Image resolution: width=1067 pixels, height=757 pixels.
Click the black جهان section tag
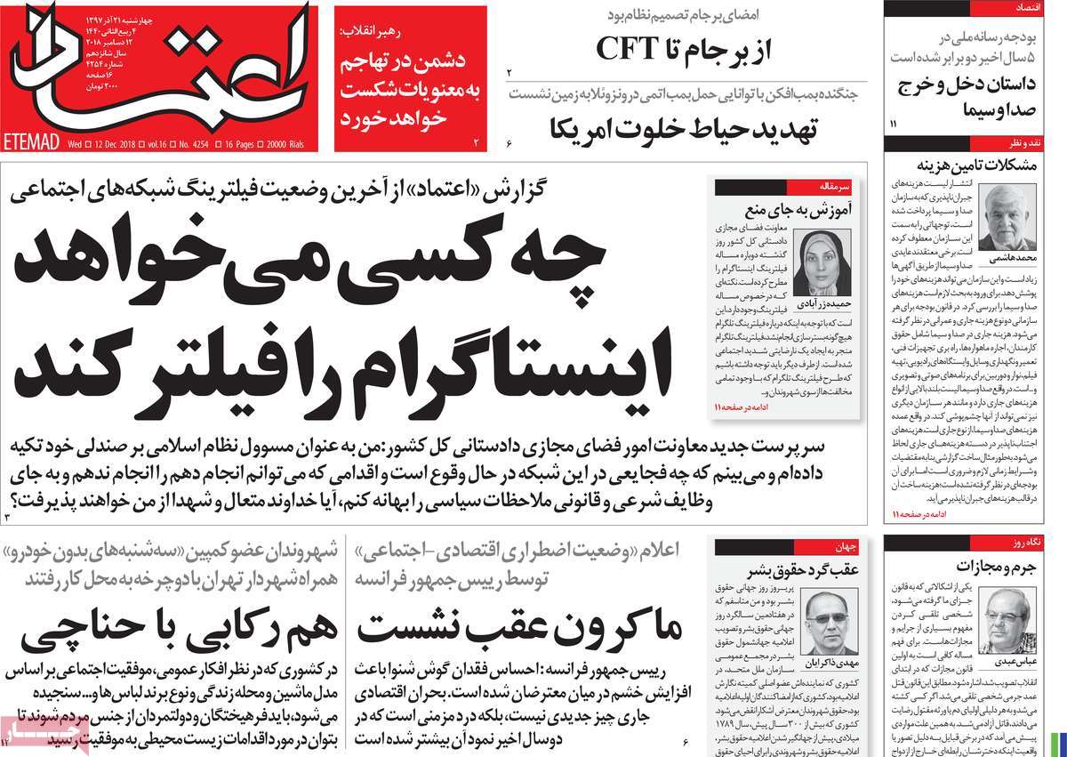click(x=839, y=546)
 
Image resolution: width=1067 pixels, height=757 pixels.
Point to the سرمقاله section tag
click(x=840, y=187)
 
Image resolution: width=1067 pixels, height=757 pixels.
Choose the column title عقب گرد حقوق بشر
click(x=797, y=569)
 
